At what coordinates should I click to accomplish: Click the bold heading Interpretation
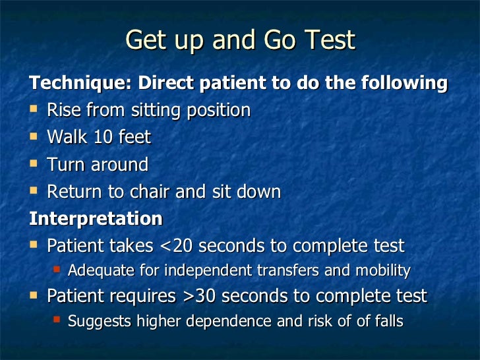tap(95, 218)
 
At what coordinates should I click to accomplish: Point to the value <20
tap(177, 246)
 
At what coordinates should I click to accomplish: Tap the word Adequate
tap(101, 271)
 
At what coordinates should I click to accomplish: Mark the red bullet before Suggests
tap(57, 320)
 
